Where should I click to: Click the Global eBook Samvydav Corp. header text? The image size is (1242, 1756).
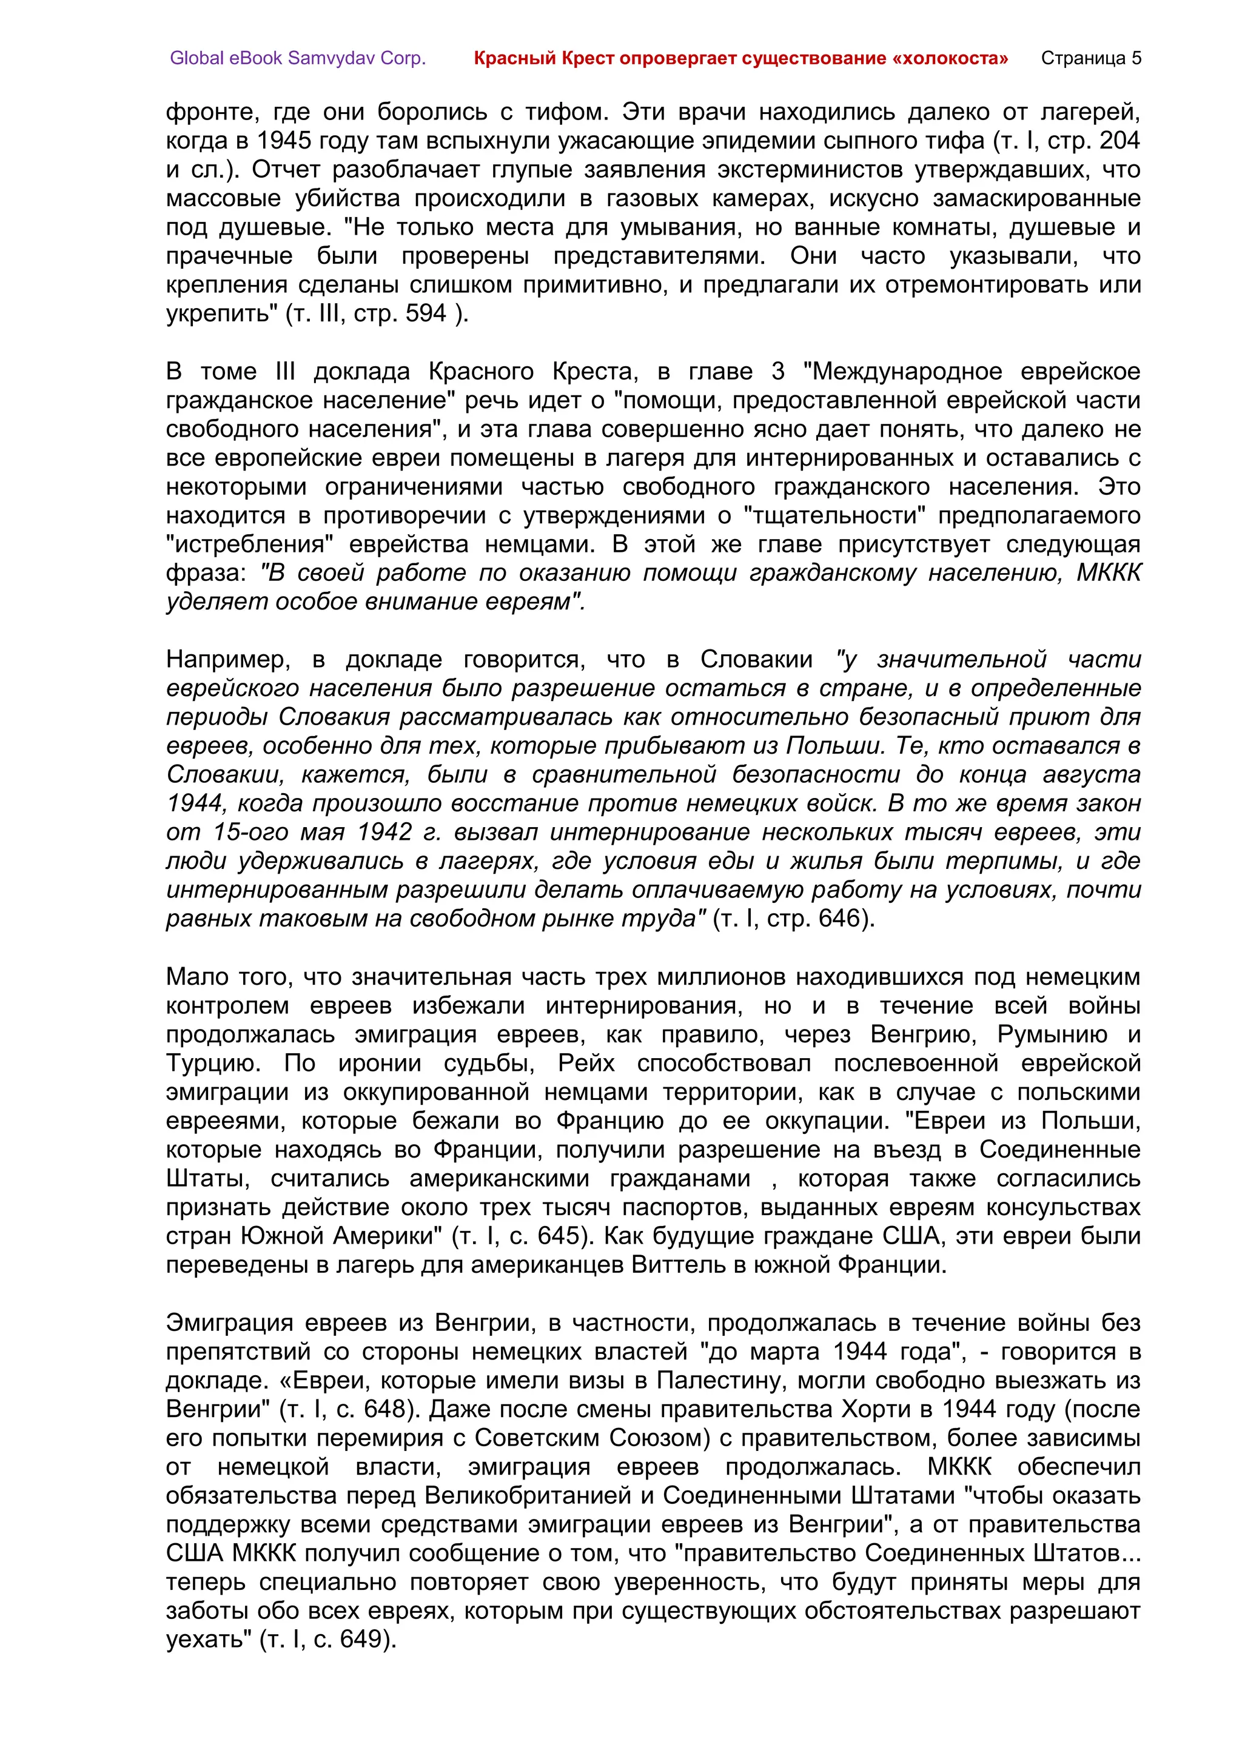point(298,58)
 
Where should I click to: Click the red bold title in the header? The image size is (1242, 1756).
point(740,58)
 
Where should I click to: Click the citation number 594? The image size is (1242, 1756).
point(426,313)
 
